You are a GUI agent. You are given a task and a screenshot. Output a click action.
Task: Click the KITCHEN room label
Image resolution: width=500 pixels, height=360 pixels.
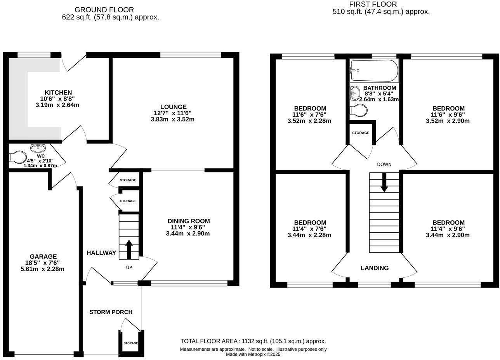point(58,93)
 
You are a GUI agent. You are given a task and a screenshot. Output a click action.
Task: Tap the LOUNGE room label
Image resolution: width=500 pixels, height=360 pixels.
point(173,107)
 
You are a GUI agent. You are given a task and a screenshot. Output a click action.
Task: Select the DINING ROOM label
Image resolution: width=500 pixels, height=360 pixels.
point(189,221)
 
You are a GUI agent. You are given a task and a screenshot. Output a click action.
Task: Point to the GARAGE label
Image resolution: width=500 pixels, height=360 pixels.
point(43,256)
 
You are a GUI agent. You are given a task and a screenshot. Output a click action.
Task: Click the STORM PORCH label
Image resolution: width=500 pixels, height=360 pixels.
point(111,312)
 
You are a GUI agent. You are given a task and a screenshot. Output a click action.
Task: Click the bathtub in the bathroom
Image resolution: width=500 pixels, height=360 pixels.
point(374,71)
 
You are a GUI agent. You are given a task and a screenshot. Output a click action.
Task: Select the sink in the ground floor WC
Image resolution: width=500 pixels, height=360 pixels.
point(38,148)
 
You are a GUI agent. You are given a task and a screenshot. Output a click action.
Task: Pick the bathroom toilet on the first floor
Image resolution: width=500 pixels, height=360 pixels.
point(358,111)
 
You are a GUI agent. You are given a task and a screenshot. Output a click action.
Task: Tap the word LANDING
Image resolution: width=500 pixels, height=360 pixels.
point(375,268)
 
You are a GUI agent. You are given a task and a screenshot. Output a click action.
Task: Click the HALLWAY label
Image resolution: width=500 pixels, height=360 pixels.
point(101,253)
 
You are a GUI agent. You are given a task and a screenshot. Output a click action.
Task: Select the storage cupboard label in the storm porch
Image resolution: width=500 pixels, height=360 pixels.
point(131,343)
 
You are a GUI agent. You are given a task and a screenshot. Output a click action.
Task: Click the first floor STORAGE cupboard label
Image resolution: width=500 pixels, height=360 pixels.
point(361,133)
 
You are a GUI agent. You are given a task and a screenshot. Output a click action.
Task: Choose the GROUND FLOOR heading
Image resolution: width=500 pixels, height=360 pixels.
point(104,10)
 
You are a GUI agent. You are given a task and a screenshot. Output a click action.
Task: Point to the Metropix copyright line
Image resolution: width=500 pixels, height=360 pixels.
point(253,354)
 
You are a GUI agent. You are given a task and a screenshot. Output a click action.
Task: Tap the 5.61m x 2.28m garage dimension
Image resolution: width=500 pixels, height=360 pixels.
point(42,269)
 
